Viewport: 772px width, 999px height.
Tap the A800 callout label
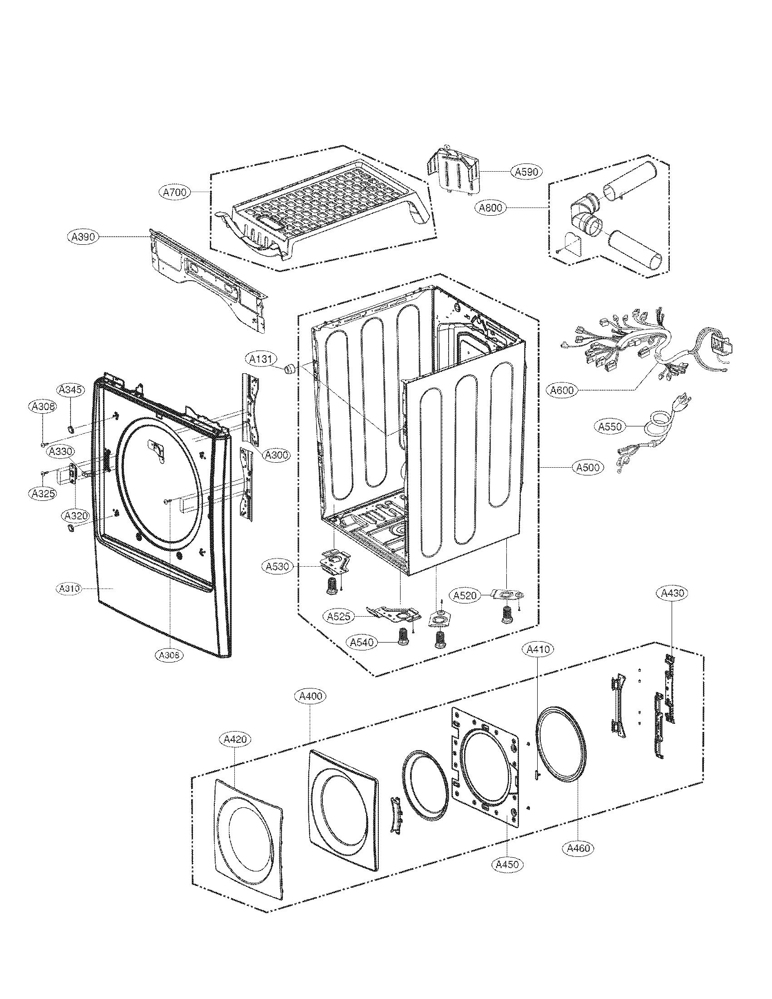490,208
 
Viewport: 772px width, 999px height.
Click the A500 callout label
588,467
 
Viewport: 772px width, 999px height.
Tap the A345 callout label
71,390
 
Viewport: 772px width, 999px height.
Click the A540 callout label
361,642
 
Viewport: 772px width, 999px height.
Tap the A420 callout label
235,739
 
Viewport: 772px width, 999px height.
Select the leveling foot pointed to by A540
403,637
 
